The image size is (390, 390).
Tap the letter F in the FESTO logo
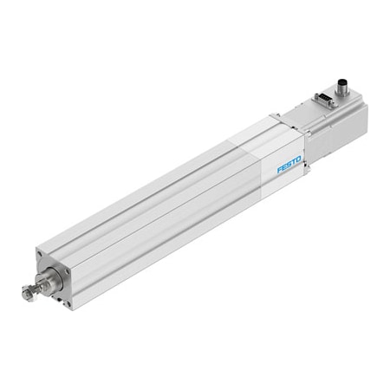(279, 170)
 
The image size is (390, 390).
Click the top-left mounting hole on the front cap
(40, 254)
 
